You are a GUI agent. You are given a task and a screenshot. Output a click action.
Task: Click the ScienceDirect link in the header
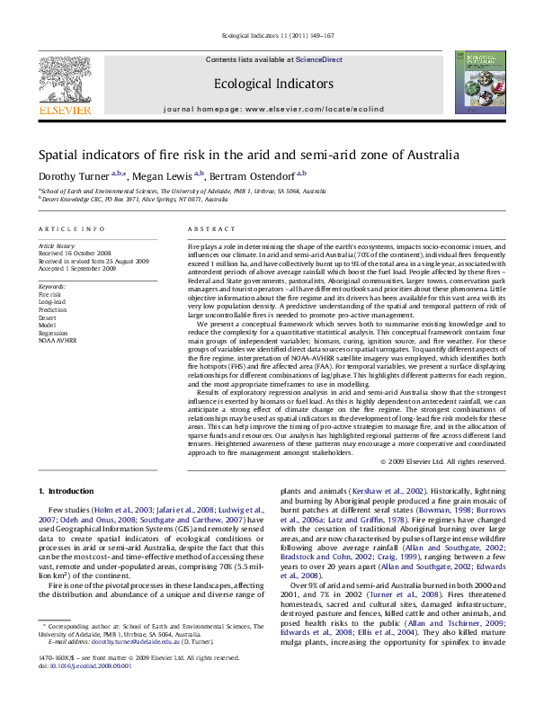point(320,59)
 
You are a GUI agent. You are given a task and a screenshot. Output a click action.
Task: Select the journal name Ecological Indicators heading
point(267,84)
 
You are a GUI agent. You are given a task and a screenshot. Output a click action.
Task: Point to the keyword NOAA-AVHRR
point(57,343)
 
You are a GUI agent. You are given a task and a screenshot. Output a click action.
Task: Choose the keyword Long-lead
point(52,302)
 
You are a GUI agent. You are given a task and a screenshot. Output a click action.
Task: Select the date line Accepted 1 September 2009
point(77,269)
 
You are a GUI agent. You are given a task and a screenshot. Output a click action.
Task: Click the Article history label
point(58,245)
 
